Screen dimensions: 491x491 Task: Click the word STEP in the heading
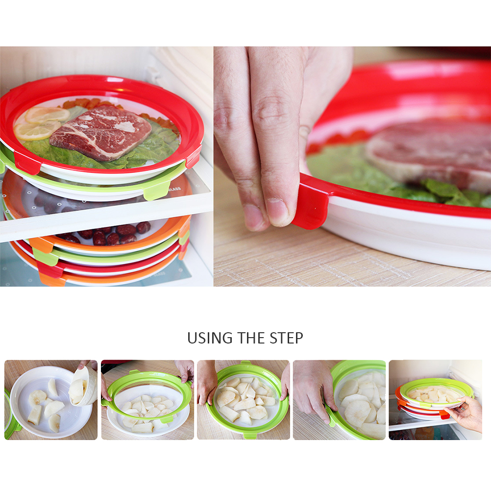[x=286, y=338]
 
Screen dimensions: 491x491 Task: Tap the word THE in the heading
[x=251, y=338]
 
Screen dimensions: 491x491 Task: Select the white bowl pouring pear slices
[x=82, y=386]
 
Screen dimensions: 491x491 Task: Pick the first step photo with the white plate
[x=51, y=400]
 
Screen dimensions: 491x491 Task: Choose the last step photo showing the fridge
[x=435, y=400]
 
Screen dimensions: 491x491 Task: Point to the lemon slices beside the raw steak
[x=41, y=123]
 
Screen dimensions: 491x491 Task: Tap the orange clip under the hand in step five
[x=444, y=415]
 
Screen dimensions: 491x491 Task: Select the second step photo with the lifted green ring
[x=147, y=400]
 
